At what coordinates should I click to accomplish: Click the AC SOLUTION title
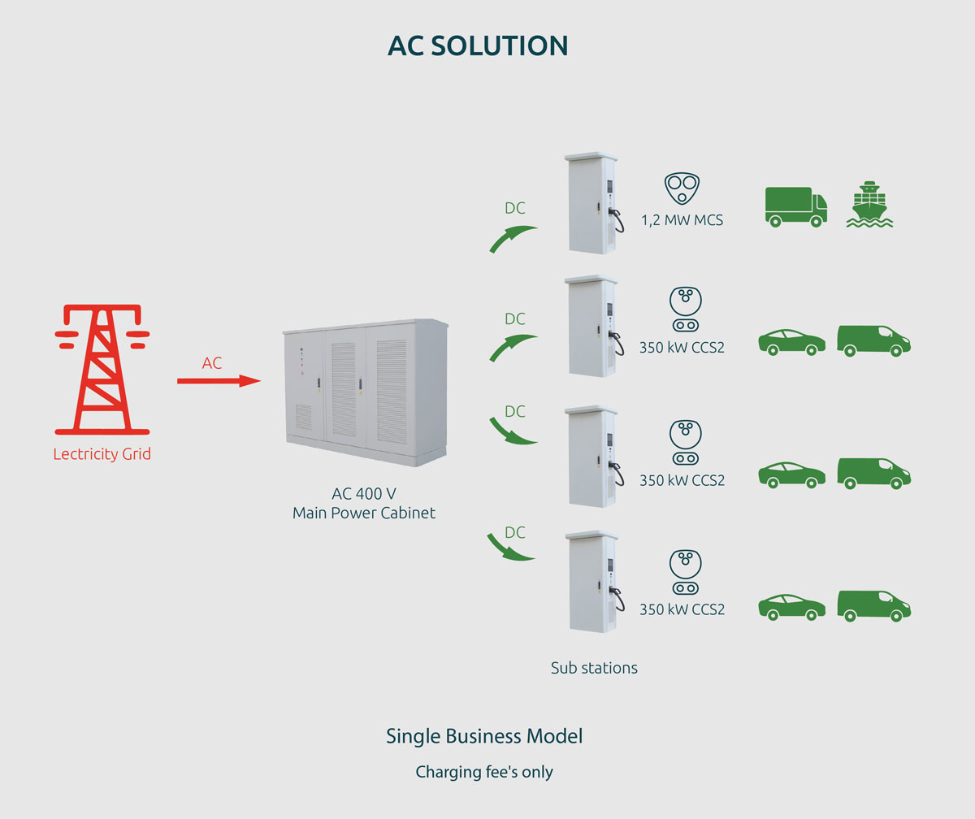(478, 45)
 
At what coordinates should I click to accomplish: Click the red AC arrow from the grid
(219, 380)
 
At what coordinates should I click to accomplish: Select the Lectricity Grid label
(102, 454)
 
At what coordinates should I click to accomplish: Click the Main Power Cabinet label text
(364, 513)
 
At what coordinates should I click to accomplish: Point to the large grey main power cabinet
(366, 393)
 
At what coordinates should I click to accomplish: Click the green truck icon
(795, 205)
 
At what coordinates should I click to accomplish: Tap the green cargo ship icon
(869, 204)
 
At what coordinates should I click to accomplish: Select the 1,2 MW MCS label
(682, 220)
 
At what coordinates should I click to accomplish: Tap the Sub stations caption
(594, 668)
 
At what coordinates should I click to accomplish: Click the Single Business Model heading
(484, 736)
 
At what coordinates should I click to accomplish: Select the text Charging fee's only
(484, 772)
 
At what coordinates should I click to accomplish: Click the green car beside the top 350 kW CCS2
(791, 341)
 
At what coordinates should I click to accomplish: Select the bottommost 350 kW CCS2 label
(682, 609)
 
